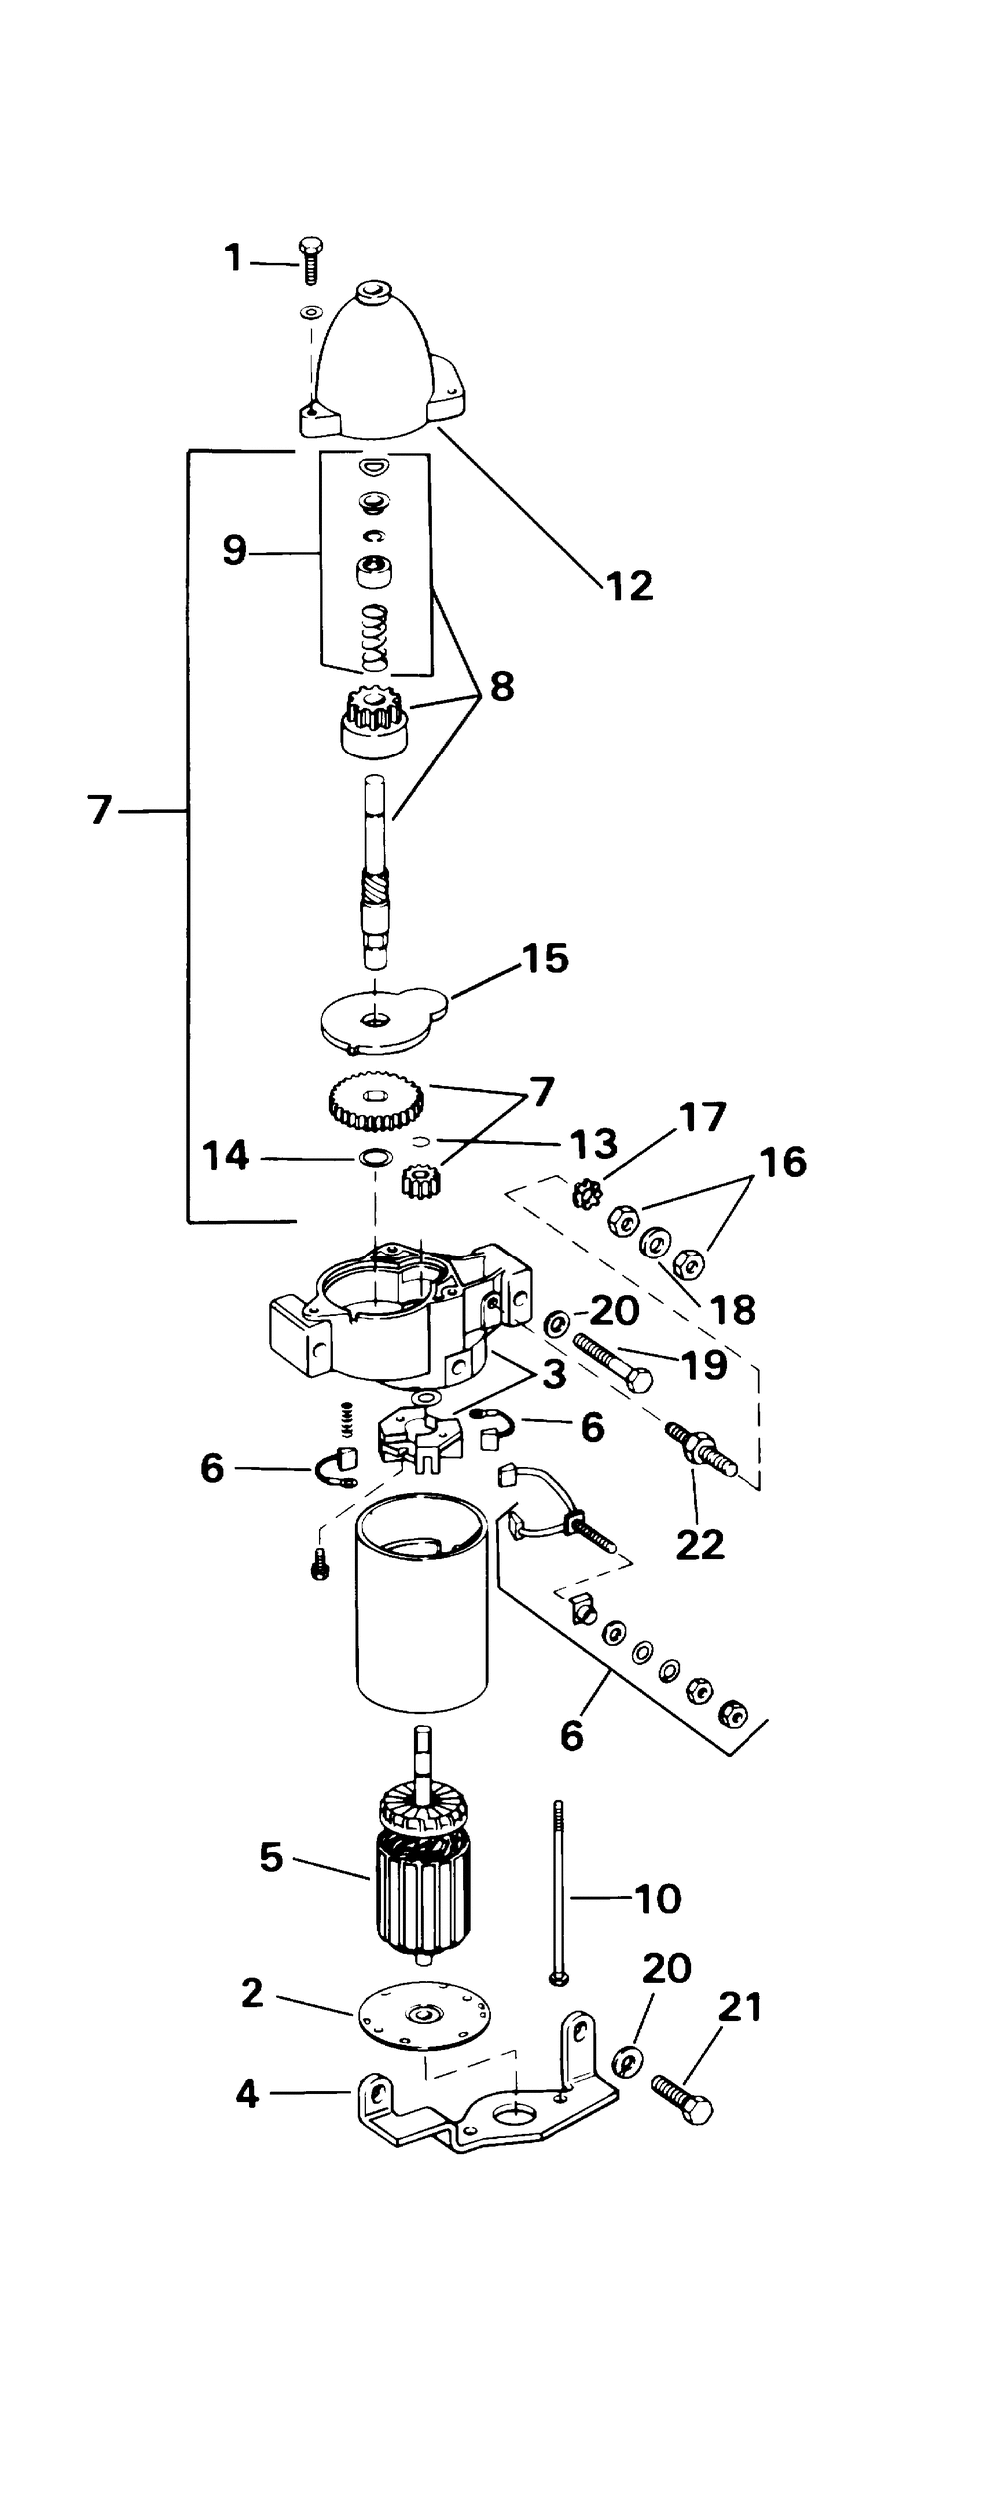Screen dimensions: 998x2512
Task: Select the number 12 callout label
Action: [x=629, y=585]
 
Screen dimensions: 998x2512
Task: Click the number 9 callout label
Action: [x=235, y=550]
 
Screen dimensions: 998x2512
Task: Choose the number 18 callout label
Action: [x=735, y=1309]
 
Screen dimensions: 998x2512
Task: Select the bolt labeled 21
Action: [x=683, y=2099]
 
